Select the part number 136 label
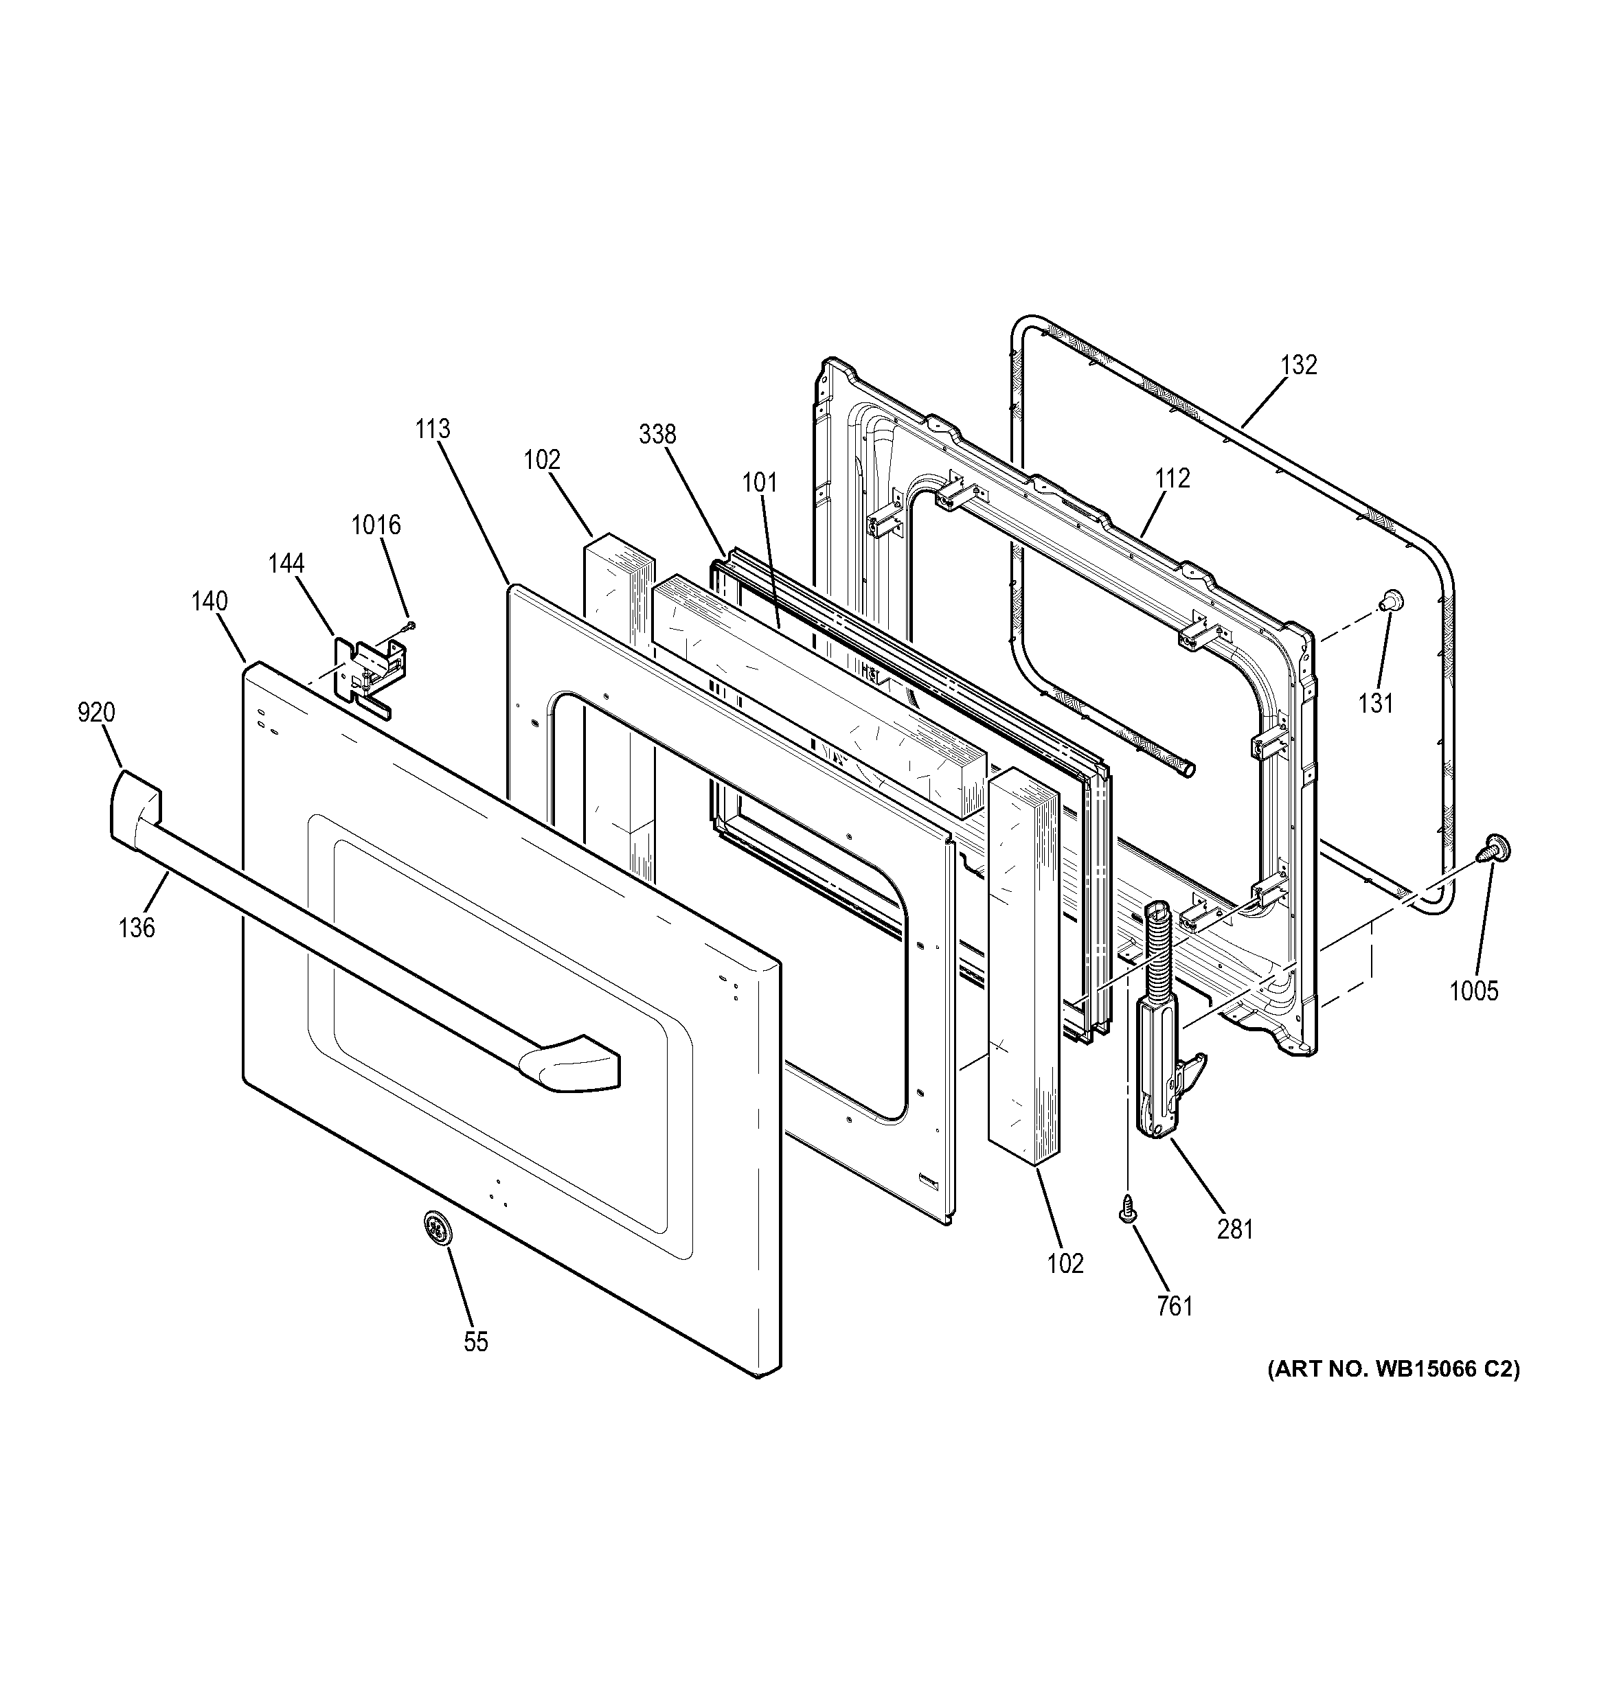tap(137, 927)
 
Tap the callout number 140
tap(209, 601)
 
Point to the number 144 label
tap(286, 564)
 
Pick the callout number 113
tap(433, 428)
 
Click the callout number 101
tap(760, 483)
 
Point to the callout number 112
tap(1172, 478)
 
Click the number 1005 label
tap(1474, 991)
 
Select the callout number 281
tap(1235, 1230)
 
